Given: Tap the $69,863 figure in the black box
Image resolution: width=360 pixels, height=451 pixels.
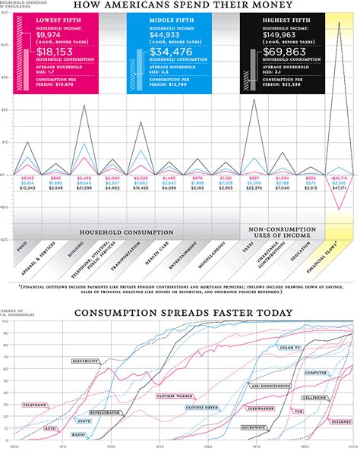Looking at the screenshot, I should (x=280, y=51).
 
